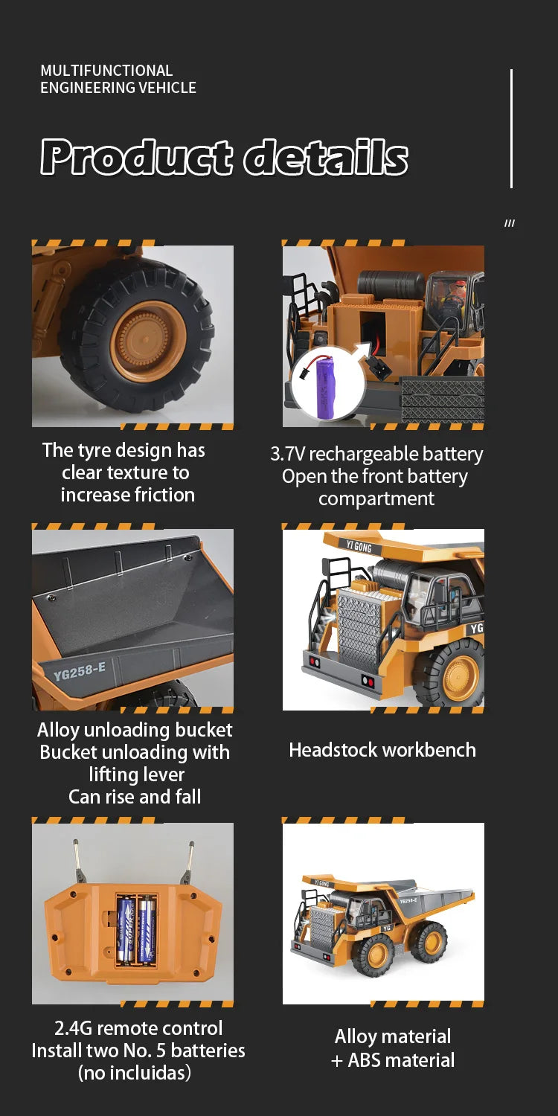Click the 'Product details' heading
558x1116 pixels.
[224, 157]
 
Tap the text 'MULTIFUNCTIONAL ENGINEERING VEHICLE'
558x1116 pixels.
[118, 79]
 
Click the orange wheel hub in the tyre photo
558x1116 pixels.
[148, 341]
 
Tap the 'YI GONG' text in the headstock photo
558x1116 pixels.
[358, 546]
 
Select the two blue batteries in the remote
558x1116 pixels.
[136, 929]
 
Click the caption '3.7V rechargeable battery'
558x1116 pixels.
[376, 454]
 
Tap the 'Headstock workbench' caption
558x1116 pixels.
[382, 749]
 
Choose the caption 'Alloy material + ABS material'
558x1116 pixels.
[392, 1048]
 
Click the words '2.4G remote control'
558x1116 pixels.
[138, 1028]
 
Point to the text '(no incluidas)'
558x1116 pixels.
[135, 1073]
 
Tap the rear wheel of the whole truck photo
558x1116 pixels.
[431, 941]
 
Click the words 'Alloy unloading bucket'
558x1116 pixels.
[135, 730]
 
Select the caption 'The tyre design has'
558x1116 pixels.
[124, 450]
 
